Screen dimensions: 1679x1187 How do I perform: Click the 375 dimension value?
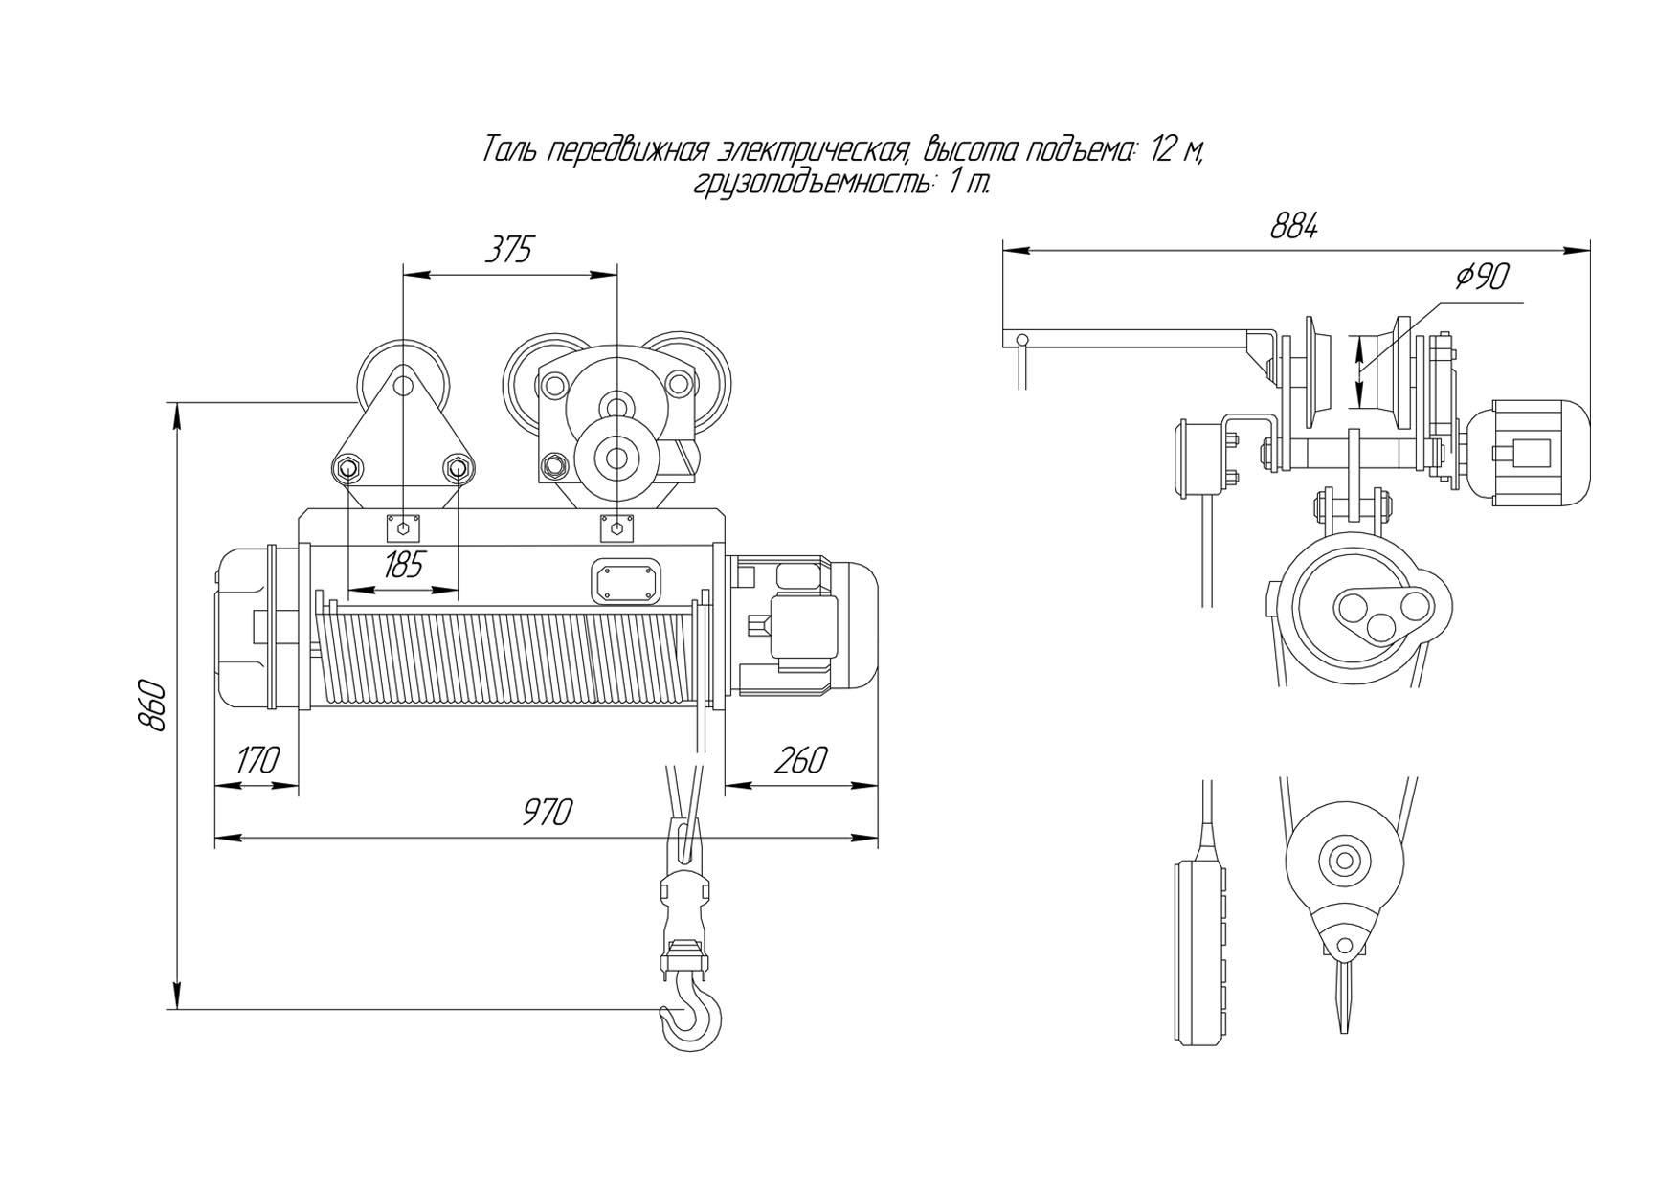[x=508, y=250]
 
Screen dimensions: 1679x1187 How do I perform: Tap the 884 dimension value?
[x=1295, y=227]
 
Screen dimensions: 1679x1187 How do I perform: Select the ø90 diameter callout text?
[x=1482, y=277]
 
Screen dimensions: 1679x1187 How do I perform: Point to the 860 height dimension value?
[x=154, y=706]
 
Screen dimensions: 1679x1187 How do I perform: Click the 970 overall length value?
[x=548, y=812]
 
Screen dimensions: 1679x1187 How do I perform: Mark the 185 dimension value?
[x=403, y=566]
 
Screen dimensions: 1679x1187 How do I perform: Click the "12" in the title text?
[x=1165, y=150]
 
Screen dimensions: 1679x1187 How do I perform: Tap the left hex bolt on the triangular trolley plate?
[x=347, y=469]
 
